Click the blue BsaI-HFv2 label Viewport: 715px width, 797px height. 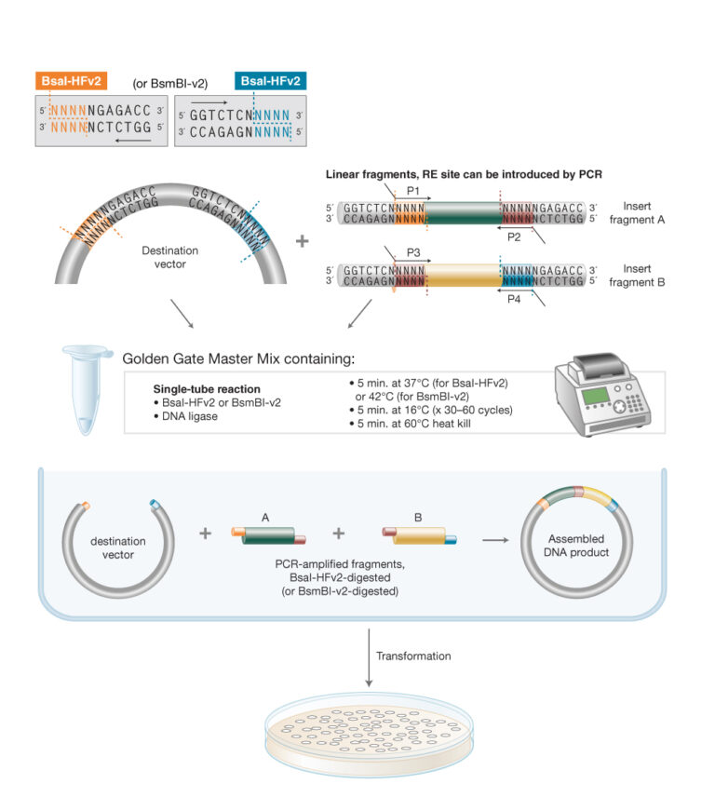(x=270, y=82)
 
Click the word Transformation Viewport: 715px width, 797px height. (x=413, y=655)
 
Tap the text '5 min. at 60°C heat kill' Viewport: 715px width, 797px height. (x=409, y=424)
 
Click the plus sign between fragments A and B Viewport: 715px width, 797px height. (x=340, y=534)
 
